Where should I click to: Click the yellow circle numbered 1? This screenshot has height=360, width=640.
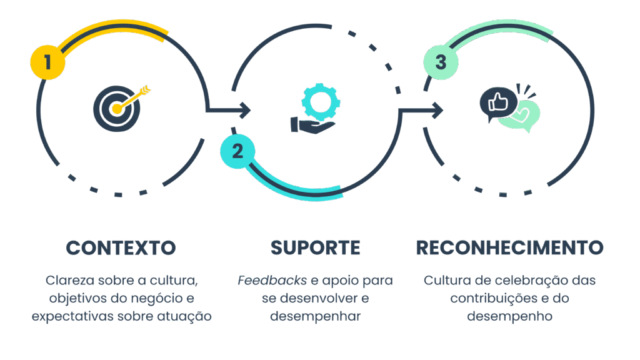(x=47, y=62)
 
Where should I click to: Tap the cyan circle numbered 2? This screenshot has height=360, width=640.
(x=237, y=151)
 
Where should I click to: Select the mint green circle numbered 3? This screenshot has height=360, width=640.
(x=441, y=62)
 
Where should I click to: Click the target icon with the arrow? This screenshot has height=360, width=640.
(x=119, y=107)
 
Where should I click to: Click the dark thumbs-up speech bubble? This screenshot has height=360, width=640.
(x=498, y=102)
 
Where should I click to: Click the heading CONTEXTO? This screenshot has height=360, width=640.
(x=121, y=247)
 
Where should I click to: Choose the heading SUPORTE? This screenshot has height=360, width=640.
(x=315, y=247)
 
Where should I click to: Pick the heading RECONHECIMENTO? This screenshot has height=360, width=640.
(x=509, y=247)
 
